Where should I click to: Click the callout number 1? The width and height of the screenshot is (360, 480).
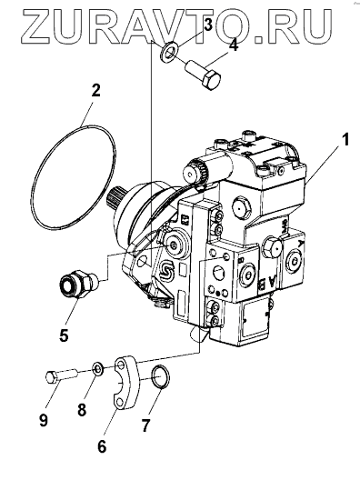point(345,141)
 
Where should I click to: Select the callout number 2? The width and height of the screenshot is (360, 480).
point(95,91)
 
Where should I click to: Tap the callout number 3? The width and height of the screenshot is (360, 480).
point(207,25)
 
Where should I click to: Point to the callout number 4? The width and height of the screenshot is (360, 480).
point(234,45)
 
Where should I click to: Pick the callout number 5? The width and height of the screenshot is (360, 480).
point(64,335)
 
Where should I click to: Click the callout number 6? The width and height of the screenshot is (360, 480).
point(102,446)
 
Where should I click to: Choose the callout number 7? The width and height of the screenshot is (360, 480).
point(145,425)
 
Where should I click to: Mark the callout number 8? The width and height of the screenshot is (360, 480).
point(82,409)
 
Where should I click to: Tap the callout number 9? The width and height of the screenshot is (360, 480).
point(44,420)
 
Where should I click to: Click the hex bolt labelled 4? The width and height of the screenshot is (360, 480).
point(203,75)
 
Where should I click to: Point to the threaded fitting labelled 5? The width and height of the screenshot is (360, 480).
point(78,282)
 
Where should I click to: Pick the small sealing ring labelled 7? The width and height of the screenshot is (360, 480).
point(161,376)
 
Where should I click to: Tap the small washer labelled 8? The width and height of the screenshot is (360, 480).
point(98,369)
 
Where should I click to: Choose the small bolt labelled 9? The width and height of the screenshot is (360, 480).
point(61,375)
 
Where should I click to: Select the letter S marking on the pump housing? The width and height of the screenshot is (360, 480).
point(167,269)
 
